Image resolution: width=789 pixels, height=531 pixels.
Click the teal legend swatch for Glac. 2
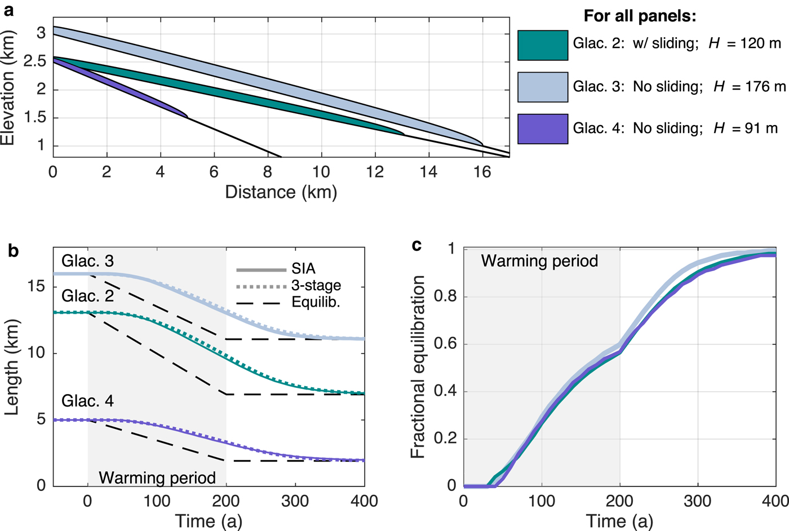click(543, 45)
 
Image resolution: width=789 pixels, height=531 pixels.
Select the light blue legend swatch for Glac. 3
click(543, 87)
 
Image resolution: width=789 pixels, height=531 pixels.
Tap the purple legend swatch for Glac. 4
click(543, 129)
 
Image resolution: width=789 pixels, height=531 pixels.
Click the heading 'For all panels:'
click(640, 16)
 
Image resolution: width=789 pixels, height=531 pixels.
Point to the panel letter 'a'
click(8, 10)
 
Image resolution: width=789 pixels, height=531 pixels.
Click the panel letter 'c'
click(417, 245)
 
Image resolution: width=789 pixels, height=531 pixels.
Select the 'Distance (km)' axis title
click(281, 192)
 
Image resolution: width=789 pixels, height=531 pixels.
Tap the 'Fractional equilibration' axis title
click(418, 367)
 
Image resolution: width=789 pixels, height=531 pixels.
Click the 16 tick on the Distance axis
click(482, 172)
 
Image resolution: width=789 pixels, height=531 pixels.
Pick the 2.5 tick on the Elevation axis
click(34, 61)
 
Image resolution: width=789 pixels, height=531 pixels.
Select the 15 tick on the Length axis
click(37, 286)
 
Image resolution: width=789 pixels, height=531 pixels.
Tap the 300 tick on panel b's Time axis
click(295, 501)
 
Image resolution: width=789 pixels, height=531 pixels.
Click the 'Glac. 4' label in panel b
click(87, 401)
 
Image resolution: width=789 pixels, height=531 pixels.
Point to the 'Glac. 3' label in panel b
click(87, 261)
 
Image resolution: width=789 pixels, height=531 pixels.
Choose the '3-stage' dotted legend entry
click(316, 285)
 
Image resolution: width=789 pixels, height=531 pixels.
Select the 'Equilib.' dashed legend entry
click(316, 302)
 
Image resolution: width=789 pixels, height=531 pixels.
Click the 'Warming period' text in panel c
click(539, 261)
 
